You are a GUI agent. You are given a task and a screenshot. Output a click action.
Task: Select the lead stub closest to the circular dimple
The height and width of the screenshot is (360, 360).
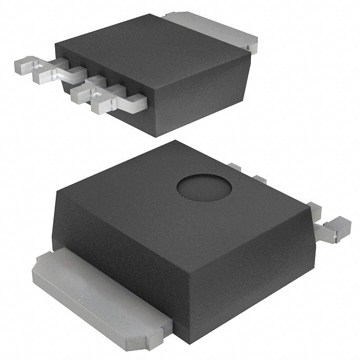[235, 167]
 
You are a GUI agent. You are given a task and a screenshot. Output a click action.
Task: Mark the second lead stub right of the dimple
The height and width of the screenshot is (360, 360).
[259, 179]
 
